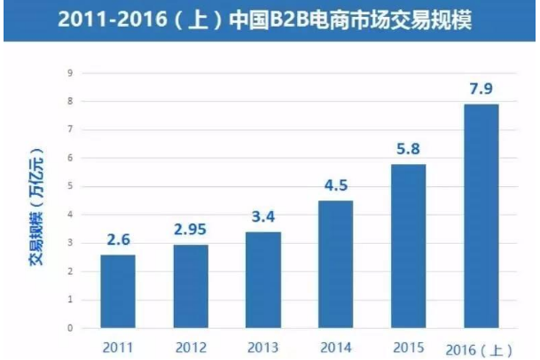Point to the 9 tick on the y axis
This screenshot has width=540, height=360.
coord(69,73)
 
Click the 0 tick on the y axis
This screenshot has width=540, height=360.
coord(69,328)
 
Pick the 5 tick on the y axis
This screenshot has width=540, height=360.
coord(69,186)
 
